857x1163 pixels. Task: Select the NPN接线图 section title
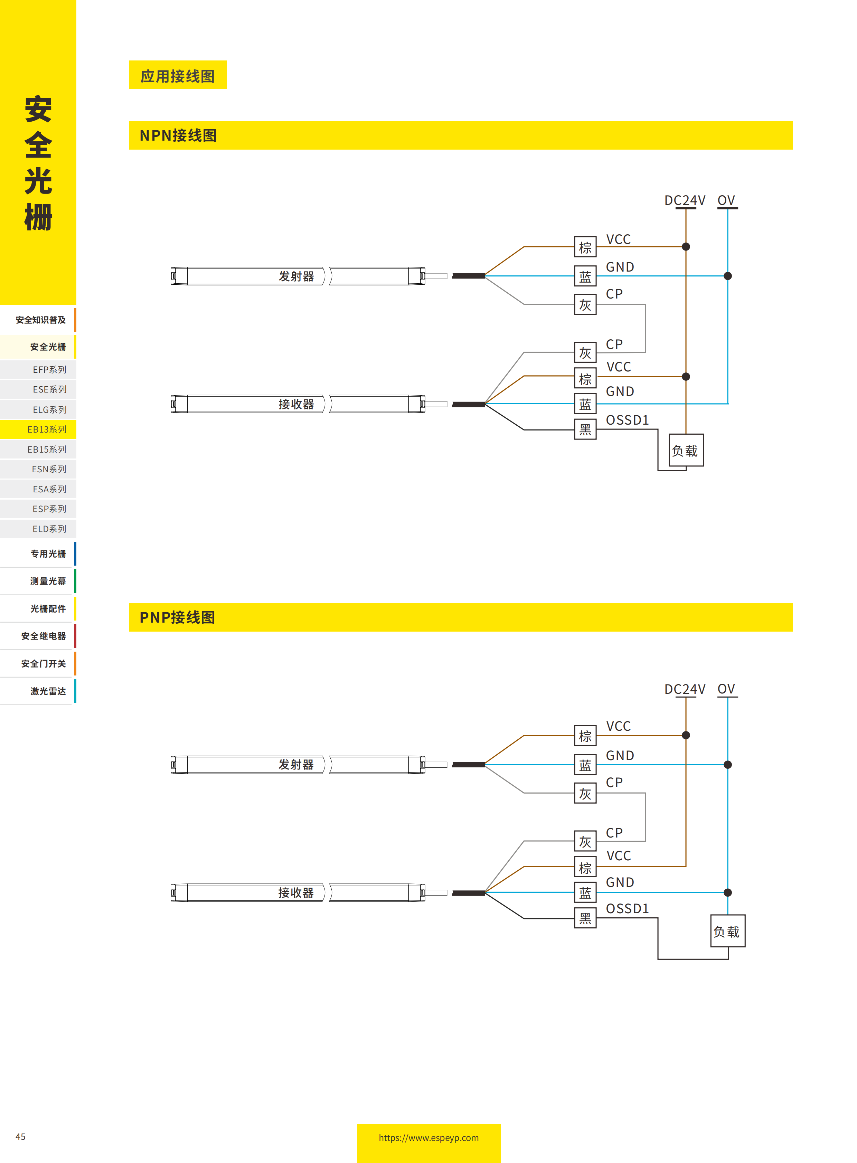tap(178, 135)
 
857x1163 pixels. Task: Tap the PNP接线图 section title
tap(177, 617)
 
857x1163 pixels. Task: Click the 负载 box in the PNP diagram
tap(727, 931)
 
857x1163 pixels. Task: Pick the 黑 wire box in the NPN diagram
tap(585, 429)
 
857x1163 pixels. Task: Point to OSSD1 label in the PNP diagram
tap(627, 908)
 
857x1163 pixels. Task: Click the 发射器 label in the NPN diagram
tap(296, 276)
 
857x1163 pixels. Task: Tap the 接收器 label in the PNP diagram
tap(296, 892)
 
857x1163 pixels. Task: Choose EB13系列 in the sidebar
tap(47, 429)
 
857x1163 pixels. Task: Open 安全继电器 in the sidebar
tap(44, 636)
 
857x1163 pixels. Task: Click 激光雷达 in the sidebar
tap(48, 691)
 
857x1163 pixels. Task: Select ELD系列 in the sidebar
tap(49, 529)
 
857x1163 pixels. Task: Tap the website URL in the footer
tap(428, 1137)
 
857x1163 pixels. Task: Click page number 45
tap(20, 1136)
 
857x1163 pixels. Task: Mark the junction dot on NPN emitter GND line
tap(728, 276)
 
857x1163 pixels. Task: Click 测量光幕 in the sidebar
tap(48, 581)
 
